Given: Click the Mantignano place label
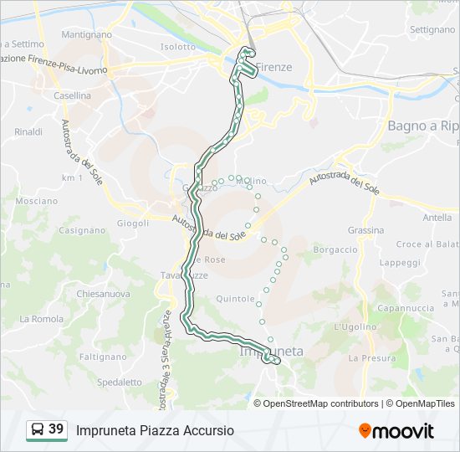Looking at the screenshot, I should point(86,36).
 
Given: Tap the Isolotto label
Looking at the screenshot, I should point(177,47).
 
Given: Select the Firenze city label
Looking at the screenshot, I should point(273,67).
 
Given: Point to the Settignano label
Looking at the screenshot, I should point(433,29).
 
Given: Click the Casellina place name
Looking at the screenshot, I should point(72,96).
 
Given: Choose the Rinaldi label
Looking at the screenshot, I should point(28,132).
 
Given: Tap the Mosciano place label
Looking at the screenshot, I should point(37,202).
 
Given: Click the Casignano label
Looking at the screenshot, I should point(82,230).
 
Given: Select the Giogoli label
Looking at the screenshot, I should point(132,223).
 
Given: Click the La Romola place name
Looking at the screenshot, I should point(41,319).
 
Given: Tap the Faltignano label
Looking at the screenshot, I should point(102,356).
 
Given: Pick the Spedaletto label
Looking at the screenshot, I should point(120,382).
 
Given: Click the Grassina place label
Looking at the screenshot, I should point(366,230).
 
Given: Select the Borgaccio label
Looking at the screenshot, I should point(335,249).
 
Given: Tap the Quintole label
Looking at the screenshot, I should point(235,298).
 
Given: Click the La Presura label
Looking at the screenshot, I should point(366,357).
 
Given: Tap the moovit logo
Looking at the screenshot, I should point(396,431).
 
